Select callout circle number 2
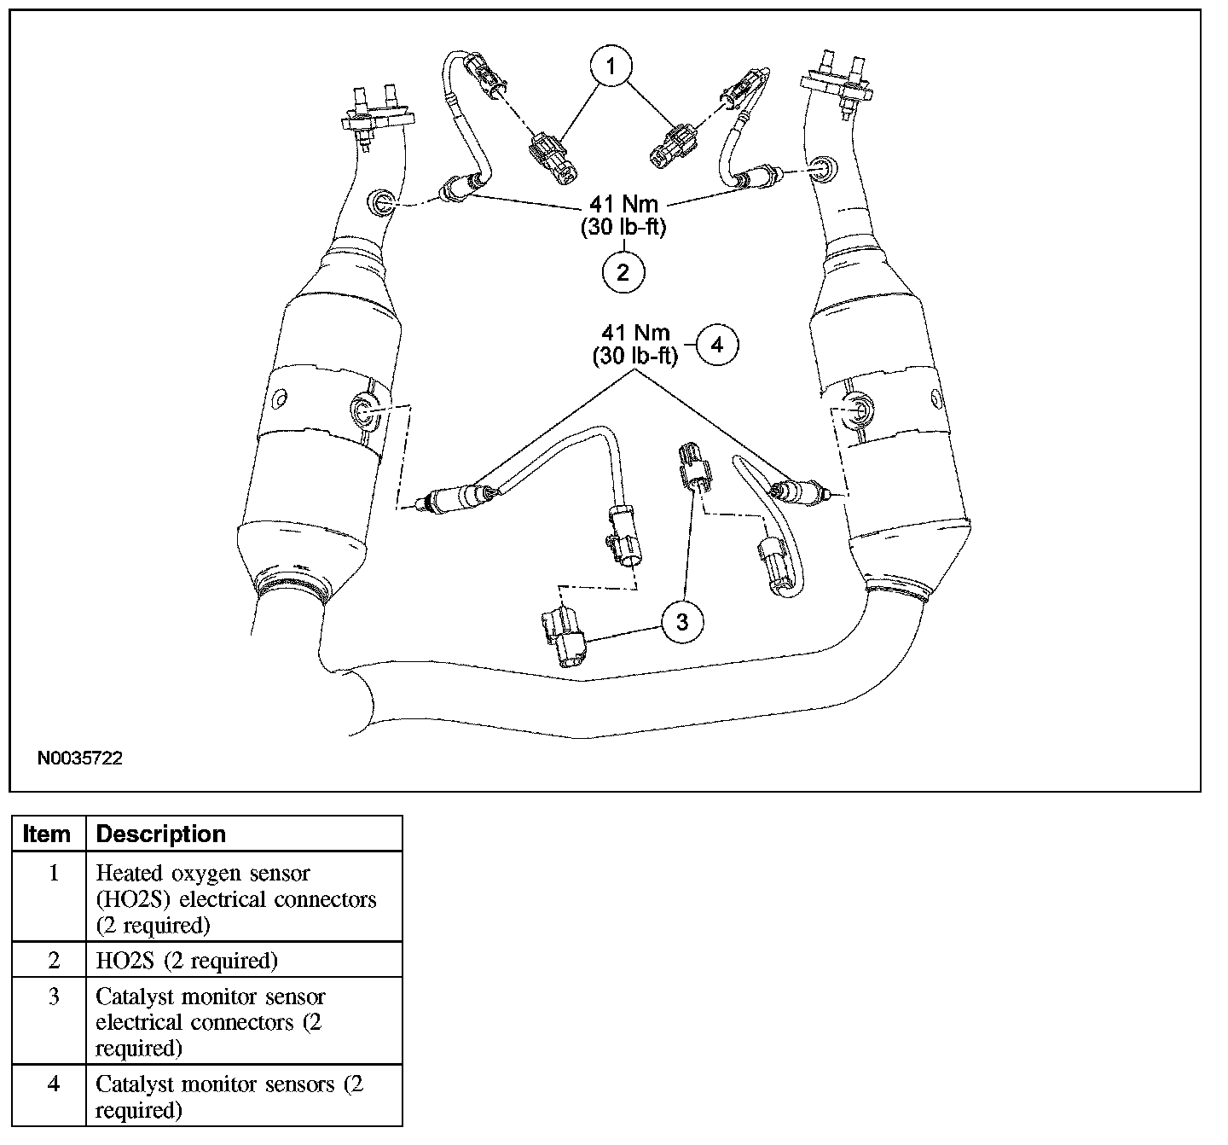coord(623,272)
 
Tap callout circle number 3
coord(682,622)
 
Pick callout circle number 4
coord(717,346)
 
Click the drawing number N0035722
coord(79,758)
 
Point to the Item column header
coord(47,834)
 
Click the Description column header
coord(160,834)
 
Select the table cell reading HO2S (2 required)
coord(187,961)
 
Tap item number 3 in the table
coord(54,997)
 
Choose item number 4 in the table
coord(54,1084)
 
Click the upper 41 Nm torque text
coord(624,205)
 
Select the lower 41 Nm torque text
coord(635,333)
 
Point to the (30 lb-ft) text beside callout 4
coord(635,357)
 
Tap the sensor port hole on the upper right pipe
coord(824,168)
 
